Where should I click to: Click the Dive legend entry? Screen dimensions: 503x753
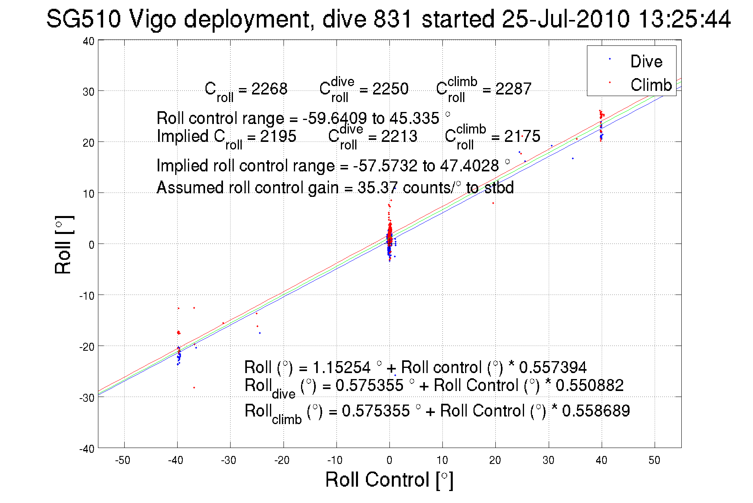coord(646,61)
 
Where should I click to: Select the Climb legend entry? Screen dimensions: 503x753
coord(651,85)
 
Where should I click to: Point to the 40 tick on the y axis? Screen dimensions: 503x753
coord(89,41)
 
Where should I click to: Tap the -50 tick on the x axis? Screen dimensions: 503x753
coord(123,460)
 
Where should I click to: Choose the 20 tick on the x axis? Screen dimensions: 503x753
coord(495,460)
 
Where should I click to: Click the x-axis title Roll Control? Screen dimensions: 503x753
coord(389,479)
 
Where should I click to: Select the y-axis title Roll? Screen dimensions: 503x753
coord(63,246)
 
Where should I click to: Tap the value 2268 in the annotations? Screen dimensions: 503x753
coord(269,88)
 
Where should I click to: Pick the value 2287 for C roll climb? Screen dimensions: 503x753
coord(513,88)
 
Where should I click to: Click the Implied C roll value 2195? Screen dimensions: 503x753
coord(278,136)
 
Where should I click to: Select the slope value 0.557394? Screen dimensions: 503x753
coord(553,367)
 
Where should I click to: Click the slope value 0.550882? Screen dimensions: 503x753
coord(589,385)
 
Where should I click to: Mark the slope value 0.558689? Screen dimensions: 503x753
coord(596,411)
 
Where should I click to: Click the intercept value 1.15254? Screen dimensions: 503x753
coord(341,367)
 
